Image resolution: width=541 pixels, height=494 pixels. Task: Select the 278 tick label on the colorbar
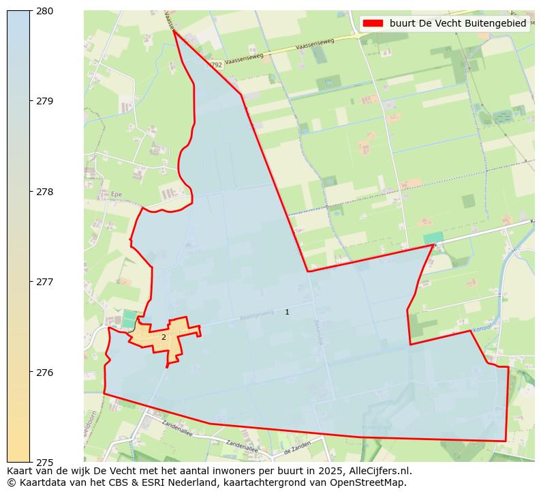pos(44,192)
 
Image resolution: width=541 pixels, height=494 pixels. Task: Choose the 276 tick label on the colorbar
pos(44,373)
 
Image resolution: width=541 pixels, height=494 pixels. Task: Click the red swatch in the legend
pos(373,23)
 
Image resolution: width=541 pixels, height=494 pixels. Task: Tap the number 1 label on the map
pos(287,312)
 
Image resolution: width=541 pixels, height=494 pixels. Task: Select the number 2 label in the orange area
pos(164,337)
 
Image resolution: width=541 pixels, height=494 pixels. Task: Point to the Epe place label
pos(115,194)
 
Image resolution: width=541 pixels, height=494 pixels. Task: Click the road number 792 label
pos(216,65)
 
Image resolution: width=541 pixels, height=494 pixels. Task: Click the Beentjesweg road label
pos(256,317)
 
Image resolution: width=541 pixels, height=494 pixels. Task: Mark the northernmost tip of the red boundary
pos(174,30)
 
